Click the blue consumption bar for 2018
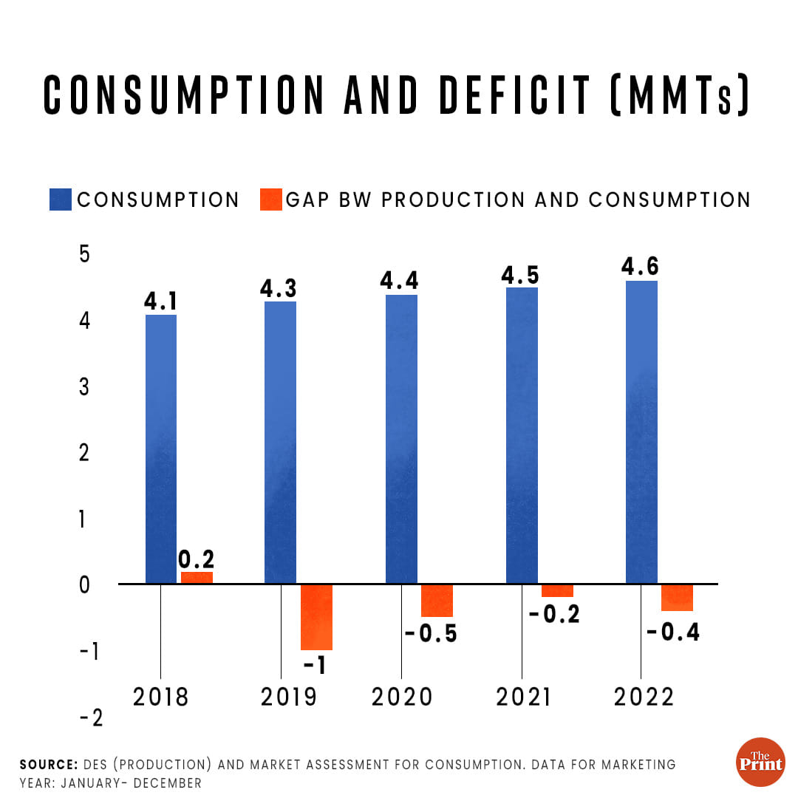point(161,449)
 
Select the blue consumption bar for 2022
point(641,432)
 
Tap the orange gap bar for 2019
point(316,617)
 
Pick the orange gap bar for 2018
point(197,578)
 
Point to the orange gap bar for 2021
point(557,590)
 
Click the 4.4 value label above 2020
point(401,281)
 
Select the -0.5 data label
point(432,634)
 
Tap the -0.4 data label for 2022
point(673,632)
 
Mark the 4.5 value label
point(520,274)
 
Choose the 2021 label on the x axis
point(523,697)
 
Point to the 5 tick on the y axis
point(84,254)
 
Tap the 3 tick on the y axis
point(84,386)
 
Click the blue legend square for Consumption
point(61,199)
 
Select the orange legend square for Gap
point(271,199)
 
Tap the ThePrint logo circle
point(760,762)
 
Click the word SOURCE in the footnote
point(48,765)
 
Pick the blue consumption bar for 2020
point(401,439)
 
